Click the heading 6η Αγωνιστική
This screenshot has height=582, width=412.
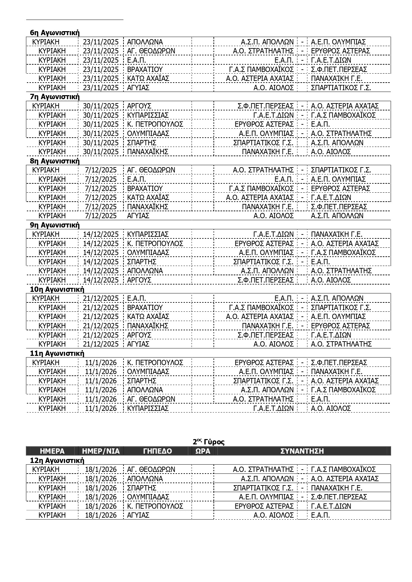(x=54, y=32)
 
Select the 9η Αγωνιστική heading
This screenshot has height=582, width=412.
(x=54, y=225)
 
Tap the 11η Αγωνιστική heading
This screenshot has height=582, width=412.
(x=57, y=353)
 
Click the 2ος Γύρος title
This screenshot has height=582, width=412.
(x=208, y=442)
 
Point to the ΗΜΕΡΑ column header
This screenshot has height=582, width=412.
(x=52, y=451)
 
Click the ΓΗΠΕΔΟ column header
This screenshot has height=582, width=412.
(x=157, y=451)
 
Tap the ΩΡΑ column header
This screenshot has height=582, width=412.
(x=203, y=451)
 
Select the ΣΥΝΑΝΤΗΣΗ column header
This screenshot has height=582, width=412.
(x=302, y=451)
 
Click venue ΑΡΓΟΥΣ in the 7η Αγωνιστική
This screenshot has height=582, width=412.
(x=139, y=106)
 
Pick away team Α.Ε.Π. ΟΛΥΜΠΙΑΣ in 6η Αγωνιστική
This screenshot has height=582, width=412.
(x=338, y=42)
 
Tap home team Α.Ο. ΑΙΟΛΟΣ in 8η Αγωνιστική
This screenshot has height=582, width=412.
(x=274, y=216)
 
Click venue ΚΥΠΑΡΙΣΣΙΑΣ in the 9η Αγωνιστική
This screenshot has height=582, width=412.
(x=148, y=234)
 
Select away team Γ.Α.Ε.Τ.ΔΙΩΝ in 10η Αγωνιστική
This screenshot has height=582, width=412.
(x=331, y=335)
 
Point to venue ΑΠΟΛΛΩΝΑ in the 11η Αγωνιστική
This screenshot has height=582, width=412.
(x=145, y=390)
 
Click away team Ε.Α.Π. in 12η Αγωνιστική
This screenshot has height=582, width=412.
(x=320, y=515)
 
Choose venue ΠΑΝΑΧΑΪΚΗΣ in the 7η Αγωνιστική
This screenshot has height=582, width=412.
(x=148, y=152)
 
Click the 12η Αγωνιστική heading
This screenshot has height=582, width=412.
(x=57, y=460)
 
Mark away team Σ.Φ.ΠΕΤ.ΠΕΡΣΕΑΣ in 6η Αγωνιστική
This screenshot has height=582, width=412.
(x=339, y=69)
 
